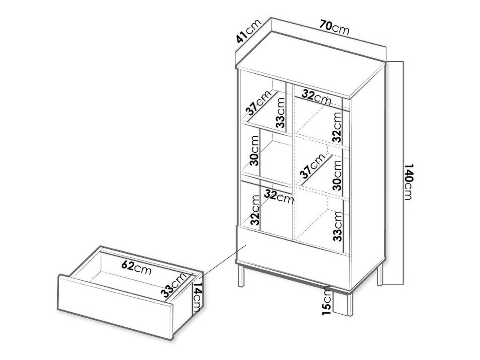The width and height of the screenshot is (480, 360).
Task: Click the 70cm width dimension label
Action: tap(334, 27)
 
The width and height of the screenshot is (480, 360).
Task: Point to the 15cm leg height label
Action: tap(327, 301)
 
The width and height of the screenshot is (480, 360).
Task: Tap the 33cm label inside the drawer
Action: tap(174, 285)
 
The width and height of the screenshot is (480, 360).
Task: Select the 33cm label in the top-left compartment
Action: tap(280, 113)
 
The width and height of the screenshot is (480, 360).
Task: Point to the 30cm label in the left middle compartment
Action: tap(254, 151)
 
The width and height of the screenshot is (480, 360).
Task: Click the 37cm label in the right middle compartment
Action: tap(312, 166)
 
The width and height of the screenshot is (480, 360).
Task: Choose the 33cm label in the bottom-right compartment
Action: tap(337, 227)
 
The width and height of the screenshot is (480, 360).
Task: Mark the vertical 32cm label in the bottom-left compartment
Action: tap(255, 210)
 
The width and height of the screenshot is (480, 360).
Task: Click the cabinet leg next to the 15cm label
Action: tap(350, 304)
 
